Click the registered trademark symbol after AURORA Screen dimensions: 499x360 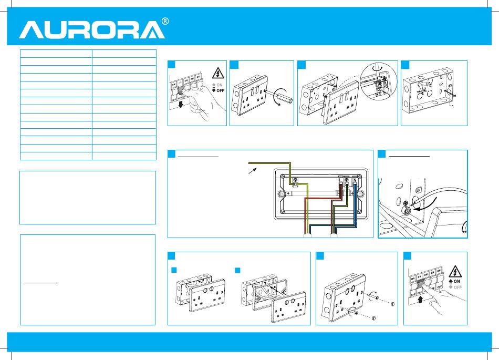[165, 22]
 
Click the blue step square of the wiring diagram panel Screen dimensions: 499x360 [171, 154]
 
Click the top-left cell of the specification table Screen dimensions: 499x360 [56, 53]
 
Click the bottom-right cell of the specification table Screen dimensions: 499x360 [124, 156]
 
